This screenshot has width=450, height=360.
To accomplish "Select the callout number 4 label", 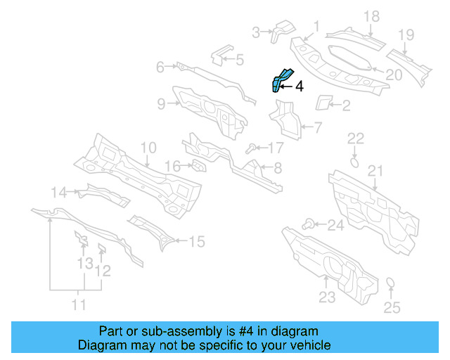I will coord(299,86).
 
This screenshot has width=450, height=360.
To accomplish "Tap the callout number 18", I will coord(371,16).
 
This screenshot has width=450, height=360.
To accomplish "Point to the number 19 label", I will coord(406,34).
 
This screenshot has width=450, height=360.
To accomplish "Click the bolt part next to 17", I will coord(251,148).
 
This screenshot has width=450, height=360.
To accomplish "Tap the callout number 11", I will coord(79,304).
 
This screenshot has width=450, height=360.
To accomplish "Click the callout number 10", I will coord(147,148).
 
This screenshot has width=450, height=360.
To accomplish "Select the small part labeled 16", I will coord(198,166).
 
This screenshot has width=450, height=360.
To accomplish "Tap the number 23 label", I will coord(327,297).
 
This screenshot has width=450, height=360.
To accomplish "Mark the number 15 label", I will coord(197,242).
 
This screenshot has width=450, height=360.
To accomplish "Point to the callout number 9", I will coord(161,104).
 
